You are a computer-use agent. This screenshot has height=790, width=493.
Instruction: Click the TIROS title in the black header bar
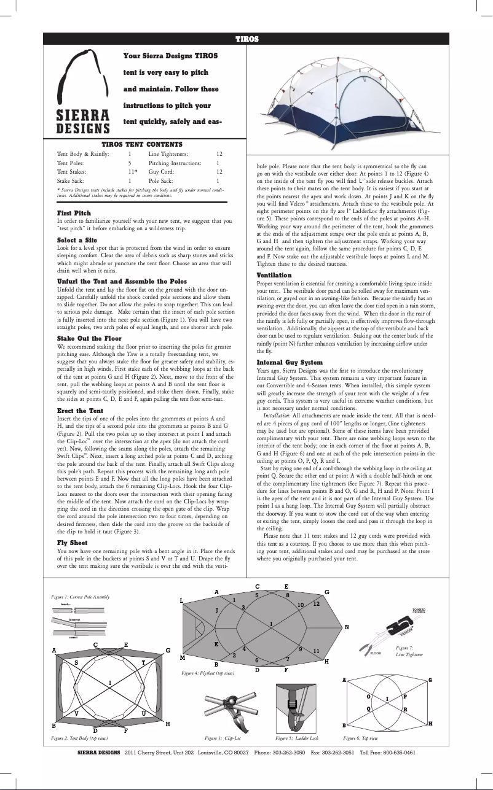[246, 39]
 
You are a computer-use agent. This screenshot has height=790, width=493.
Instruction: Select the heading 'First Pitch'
[74, 213]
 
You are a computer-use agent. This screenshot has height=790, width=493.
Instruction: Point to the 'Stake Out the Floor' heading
[89, 338]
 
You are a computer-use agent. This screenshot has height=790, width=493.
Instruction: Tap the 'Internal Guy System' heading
[290, 362]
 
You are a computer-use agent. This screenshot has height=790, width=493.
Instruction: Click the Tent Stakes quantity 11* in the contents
[132, 172]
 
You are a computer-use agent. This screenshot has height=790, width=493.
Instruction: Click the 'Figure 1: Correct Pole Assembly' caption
[80, 597]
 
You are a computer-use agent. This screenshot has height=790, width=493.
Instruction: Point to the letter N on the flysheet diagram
[347, 627]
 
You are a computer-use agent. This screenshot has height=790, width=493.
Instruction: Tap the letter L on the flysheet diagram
[181, 601]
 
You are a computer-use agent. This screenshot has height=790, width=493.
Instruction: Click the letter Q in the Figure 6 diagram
[369, 708]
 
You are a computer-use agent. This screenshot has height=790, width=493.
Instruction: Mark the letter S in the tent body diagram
[76, 663]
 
